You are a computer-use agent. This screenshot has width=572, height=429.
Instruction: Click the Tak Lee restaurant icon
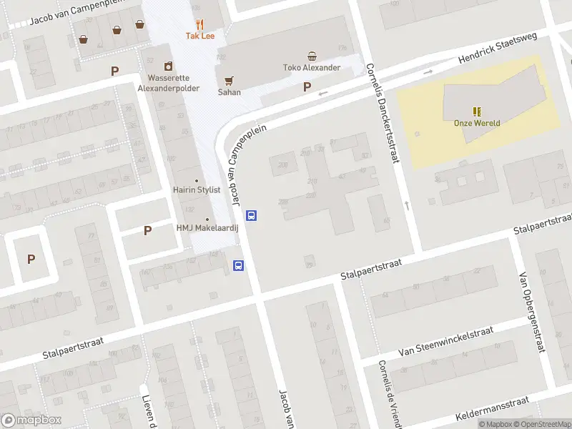tap(199, 24)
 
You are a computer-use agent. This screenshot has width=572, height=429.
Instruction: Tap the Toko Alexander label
tap(312, 68)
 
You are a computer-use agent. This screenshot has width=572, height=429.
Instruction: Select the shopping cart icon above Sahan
tap(230, 81)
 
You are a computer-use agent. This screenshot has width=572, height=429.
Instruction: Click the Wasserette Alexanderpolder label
tap(168, 83)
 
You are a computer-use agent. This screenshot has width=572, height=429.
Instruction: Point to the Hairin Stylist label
tap(197, 191)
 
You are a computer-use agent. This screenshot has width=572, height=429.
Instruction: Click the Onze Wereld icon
tap(476, 112)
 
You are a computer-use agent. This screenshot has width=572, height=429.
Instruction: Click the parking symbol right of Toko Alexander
tap(307, 87)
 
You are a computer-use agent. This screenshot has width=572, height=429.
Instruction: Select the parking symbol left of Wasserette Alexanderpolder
tap(114, 71)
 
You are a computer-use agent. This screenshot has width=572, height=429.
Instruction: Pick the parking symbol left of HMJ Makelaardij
tap(147, 230)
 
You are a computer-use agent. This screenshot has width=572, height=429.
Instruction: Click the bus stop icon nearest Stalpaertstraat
tap(238, 266)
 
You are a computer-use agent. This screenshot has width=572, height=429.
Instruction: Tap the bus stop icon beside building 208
tap(251, 215)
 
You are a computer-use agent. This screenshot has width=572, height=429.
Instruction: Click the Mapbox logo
tap(31, 420)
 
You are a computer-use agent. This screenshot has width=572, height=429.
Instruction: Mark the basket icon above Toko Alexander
tap(312, 56)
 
